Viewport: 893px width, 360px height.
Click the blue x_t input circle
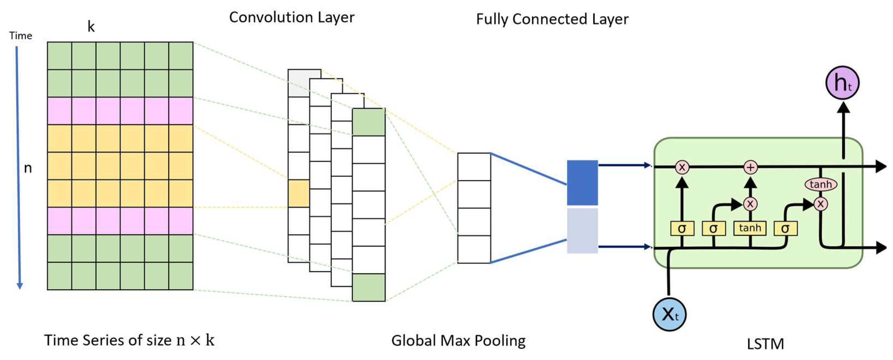pyautogui.click(x=669, y=314)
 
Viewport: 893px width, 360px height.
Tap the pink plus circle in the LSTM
pyautogui.click(x=750, y=167)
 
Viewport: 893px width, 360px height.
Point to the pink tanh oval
pyautogui.click(x=821, y=184)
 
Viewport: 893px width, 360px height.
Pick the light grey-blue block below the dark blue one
pyautogui.click(x=582, y=231)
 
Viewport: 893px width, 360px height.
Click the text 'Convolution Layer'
pyautogui.click(x=292, y=17)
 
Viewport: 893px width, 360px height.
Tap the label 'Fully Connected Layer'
pyautogui.click(x=552, y=19)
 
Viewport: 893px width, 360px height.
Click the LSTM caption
pyautogui.click(x=765, y=344)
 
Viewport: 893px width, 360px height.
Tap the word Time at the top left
pyautogui.click(x=21, y=36)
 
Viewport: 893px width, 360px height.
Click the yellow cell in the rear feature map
pyautogui.click(x=298, y=194)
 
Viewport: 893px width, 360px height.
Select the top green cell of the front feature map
pyautogui.click(x=368, y=122)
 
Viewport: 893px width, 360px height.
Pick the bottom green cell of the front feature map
pyautogui.click(x=368, y=287)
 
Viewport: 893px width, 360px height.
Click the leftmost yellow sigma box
pyautogui.click(x=682, y=229)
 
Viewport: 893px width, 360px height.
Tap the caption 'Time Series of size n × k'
pyautogui.click(x=129, y=340)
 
